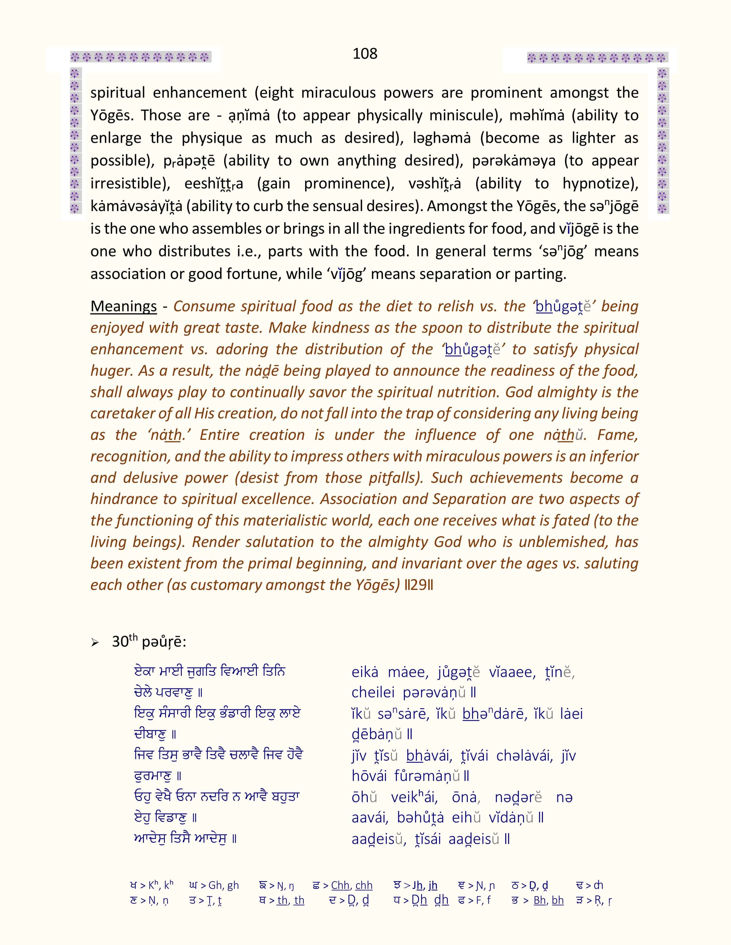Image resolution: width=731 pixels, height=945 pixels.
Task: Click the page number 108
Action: click(x=365, y=54)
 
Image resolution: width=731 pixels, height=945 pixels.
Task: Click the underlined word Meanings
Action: click(x=124, y=306)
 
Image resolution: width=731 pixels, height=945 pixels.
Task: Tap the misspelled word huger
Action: click(x=110, y=371)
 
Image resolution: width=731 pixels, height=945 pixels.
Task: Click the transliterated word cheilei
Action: click(x=373, y=693)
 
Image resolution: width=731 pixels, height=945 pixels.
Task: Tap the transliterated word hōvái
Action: click(x=369, y=777)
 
